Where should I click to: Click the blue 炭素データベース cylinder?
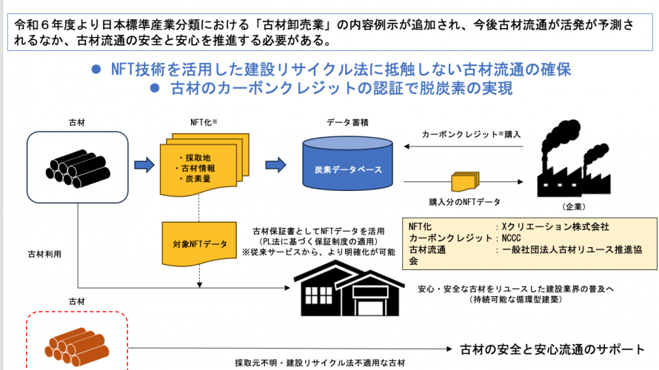point(347,169)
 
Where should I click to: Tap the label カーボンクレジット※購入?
point(471,135)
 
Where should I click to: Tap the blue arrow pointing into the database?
point(275,164)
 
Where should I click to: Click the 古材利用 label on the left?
point(45,254)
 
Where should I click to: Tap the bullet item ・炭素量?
point(195,179)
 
